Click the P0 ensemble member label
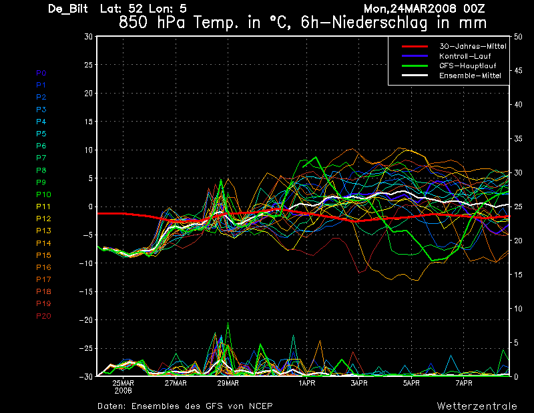[x=41, y=73]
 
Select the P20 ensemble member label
[x=43, y=316]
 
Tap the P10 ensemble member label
[x=43, y=194]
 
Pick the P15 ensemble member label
[x=43, y=255]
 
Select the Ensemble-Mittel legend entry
[x=469, y=76]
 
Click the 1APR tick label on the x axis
[x=306, y=384]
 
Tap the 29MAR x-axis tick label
[x=228, y=384]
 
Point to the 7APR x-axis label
[x=464, y=384]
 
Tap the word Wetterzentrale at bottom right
[x=477, y=406]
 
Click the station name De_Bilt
[x=69, y=9]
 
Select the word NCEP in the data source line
[x=260, y=406]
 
